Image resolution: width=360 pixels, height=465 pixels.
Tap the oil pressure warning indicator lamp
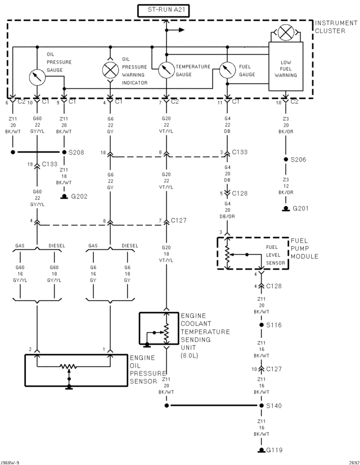point(110,70)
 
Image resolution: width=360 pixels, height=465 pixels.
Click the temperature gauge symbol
point(166,70)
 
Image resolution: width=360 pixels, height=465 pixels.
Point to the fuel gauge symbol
point(227,70)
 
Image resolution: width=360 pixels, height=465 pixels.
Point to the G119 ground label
point(275,450)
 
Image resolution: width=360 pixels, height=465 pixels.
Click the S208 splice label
point(76,153)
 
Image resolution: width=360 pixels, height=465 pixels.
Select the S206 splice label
point(299,159)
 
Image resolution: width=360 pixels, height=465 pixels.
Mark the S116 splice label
point(274,325)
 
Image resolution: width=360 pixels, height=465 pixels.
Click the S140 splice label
point(274,405)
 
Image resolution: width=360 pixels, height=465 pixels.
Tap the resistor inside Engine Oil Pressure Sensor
point(68,367)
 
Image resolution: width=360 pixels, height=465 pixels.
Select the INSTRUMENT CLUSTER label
point(336,26)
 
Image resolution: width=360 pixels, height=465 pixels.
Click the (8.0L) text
point(192,356)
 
